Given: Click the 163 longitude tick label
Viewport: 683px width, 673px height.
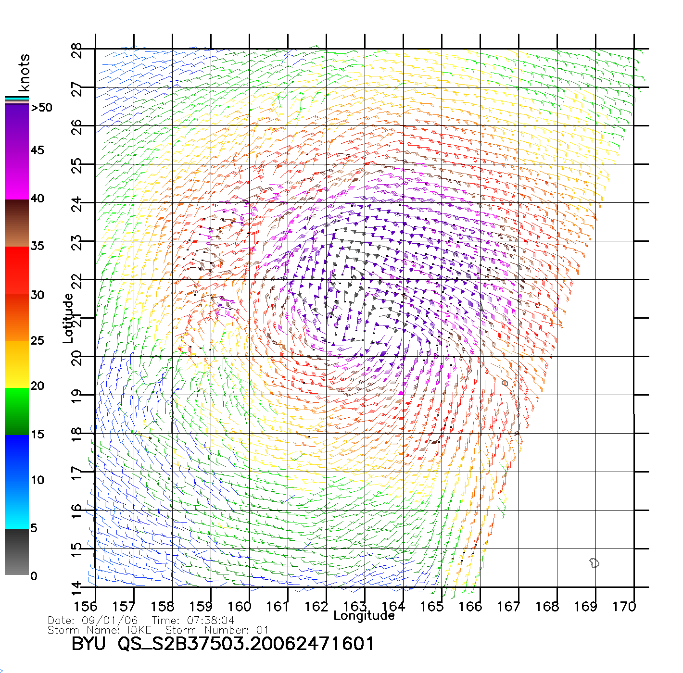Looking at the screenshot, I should point(355,606).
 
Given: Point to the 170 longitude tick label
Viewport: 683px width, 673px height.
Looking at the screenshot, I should point(624,606).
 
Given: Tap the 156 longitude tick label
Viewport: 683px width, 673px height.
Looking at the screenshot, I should point(86,606).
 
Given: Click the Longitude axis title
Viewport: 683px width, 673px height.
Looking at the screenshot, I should point(364,616).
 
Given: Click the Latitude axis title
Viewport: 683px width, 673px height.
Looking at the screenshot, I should point(68,318).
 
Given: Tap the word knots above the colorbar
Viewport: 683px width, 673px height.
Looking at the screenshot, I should point(24,73).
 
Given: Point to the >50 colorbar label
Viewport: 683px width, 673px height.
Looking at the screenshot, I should point(41,108).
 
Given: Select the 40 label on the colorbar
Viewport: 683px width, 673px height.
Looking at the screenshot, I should point(38,199).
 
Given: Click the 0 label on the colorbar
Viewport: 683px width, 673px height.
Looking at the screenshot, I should point(34,576).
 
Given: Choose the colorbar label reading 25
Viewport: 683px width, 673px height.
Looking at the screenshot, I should point(38,341).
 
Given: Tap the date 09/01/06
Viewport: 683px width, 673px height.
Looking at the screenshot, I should point(110,621).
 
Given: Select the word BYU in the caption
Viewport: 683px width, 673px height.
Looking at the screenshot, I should point(89,644).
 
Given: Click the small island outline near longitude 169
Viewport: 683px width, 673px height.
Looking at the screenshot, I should point(594,563).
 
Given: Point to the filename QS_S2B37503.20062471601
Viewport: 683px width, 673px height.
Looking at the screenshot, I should point(246,644).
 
